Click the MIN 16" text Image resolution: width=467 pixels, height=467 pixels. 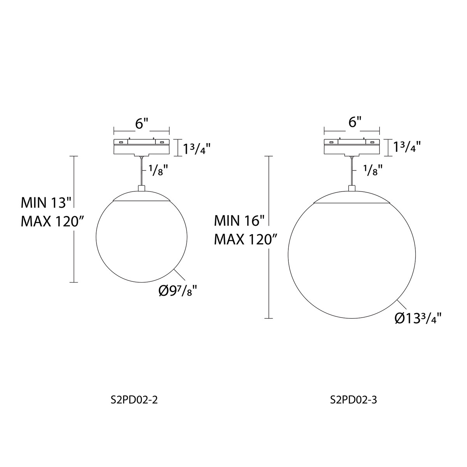[239, 221]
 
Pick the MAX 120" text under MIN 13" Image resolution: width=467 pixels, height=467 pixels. [53, 221]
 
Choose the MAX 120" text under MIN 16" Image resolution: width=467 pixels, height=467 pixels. [246, 240]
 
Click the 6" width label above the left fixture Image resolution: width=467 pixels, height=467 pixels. [142, 123]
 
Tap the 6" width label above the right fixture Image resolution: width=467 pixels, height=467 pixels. [353, 122]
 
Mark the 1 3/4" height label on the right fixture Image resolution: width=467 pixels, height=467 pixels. [407, 147]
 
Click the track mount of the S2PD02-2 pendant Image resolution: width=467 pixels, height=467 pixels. [141, 146]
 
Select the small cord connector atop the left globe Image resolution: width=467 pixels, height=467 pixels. [141, 188]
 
